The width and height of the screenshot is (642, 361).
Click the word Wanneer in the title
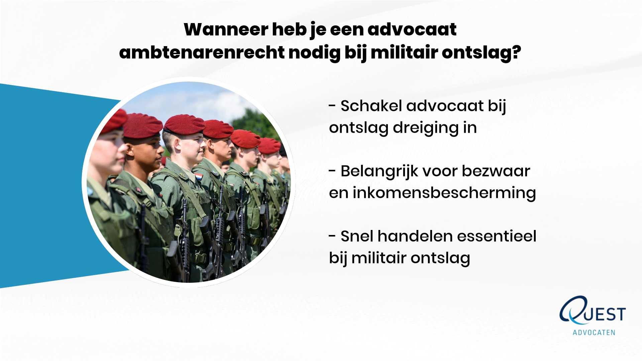(x=226, y=29)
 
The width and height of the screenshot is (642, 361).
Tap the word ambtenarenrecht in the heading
(x=202, y=52)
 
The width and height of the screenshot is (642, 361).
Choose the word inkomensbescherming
(x=444, y=193)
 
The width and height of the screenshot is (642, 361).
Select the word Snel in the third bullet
(x=357, y=236)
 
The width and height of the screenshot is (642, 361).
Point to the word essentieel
(x=497, y=236)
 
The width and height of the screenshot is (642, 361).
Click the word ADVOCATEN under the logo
(x=594, y=333)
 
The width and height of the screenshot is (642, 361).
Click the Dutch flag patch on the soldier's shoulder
(x=199, y=176)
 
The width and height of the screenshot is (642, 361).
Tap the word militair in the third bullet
(x=379, y=258)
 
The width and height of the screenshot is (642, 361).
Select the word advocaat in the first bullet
(x=445, y=106)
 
